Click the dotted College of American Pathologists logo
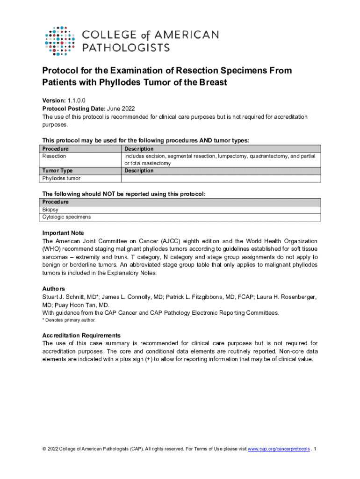pos(59,41)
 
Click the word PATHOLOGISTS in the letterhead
pos(126,47)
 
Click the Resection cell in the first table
pos(54,156)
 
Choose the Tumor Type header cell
pos(58,171)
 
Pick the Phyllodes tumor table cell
pos(61,178)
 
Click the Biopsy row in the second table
pos(50,210)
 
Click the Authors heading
pos(53,289)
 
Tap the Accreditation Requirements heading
pos(81,335)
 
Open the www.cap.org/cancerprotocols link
pos(279,449)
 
